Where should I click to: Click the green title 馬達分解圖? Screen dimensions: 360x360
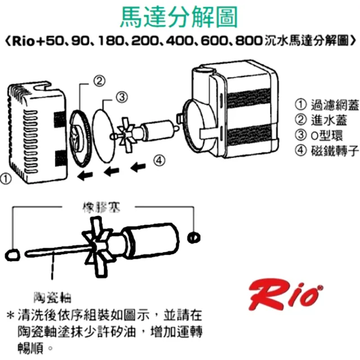[179, 18]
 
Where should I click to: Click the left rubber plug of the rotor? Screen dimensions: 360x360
[12, 254]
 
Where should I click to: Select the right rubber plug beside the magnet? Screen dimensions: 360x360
[194, 237]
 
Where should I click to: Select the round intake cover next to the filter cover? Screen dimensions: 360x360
[81, 133]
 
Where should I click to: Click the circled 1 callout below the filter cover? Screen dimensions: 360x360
[6, 180]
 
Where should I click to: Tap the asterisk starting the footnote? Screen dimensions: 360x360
[10, 315]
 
